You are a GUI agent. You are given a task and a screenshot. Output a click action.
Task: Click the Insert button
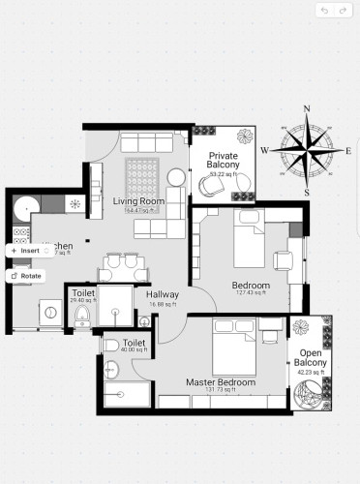pos(26,250)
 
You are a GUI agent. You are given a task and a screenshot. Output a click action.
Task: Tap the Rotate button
pos(26,275)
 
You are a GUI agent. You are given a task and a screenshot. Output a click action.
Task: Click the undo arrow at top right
pos(324,10)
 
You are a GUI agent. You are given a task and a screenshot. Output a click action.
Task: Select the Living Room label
pos(137,201)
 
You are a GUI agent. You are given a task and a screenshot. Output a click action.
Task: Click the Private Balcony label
pos(225,159)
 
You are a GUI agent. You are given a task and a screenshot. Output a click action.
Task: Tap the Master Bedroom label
pos(221,382)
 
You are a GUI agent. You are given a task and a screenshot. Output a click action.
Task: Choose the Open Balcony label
pos(311,357)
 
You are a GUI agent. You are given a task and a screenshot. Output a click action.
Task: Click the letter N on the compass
pos(307,109)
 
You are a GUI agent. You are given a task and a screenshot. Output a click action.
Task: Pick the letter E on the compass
pos(348,151)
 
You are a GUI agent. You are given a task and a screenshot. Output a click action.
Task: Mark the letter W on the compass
pos(264,150)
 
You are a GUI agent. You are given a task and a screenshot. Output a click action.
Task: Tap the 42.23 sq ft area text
pos(311,371)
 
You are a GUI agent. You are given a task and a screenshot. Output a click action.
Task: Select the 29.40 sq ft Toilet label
pos(81,294)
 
